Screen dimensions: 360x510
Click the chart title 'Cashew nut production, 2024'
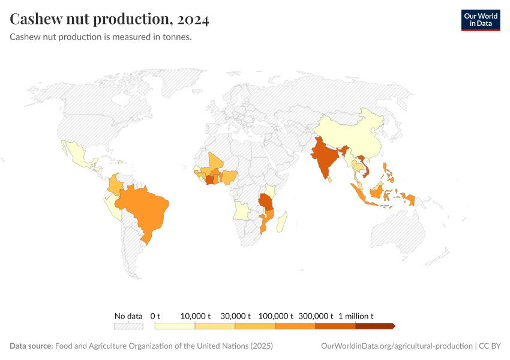pyautogui.click(x=109, y=20)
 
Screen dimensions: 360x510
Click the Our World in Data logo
pyautogui.click(x=480, y=20)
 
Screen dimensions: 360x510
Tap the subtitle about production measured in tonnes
pyautogui.click(x=101, y=37)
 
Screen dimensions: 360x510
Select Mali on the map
pyautogui.click(x=215, y=163)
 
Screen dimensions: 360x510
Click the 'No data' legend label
pyautogui.click(x=128, y=316)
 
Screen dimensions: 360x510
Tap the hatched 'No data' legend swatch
pyautogui.click(x=128, y=326)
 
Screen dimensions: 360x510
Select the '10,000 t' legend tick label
pyautogui.click(x=195, y=316)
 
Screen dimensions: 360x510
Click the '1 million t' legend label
pyautogui.click(x=356, y=316)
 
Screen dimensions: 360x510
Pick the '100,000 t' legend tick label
pyautogui.click(x=275, y=316)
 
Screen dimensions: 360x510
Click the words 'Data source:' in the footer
pyautogui.click(x=31, y=346)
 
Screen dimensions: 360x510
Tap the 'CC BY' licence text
pyautogui.click(x=490, y=346)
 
